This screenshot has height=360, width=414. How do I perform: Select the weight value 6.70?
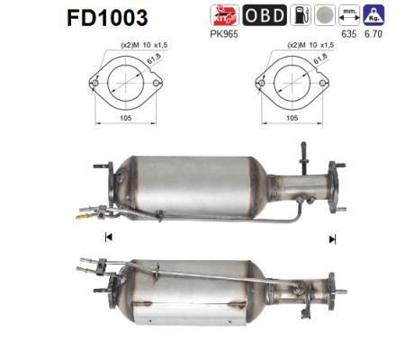click(374, 34)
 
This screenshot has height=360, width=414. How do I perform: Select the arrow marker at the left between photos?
click(108, 238)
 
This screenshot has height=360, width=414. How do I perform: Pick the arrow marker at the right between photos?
click(332, 238)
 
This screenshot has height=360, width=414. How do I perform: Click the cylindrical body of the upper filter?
click(193, 184)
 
